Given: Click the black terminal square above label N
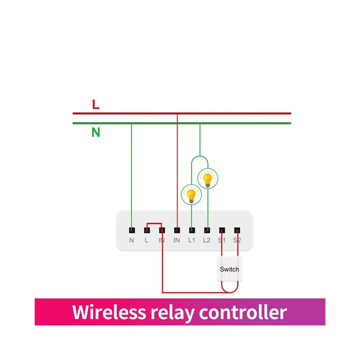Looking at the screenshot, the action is coord(132,230).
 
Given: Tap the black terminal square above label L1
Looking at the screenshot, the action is coord(192,230).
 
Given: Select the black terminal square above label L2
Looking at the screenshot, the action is coord(207,230).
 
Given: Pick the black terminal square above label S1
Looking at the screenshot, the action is coord(222,230).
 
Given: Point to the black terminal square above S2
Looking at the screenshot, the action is coord(237,230).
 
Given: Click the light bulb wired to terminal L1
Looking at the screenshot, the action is coord(191,195).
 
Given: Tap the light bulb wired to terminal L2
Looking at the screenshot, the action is coord(208,179).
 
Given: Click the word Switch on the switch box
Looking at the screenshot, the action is coord(229,269).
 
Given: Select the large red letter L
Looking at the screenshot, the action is coord(96,104).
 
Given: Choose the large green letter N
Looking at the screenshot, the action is coord(96,132).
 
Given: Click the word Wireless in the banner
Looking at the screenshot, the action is coord(109,312).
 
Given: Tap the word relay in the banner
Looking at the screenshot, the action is coord(172,313).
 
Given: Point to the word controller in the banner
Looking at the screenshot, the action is coord(243,312).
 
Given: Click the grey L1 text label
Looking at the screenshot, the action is coord(192,240).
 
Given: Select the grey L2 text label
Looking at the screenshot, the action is coord(207,240).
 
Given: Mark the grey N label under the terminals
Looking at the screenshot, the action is coord(132,240).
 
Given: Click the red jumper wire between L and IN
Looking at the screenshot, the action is coord(154,223).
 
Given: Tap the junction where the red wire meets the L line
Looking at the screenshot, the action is coord(177,114).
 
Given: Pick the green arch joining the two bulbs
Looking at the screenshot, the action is coord(200,156).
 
